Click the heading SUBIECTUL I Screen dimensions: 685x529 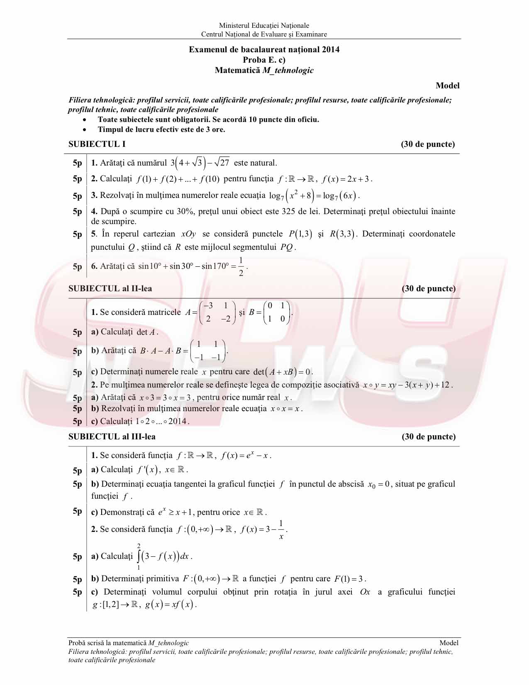click(97, 144)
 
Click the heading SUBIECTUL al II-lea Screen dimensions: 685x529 click(110, 288)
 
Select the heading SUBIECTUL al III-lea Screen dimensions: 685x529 click(112, 436)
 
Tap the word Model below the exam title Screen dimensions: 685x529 click(447, 85)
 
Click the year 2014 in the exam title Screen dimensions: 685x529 click(330, 50)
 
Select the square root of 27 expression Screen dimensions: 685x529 click(222, 163)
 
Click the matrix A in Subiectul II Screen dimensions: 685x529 click(217, 312)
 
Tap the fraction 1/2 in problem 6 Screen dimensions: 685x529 click(241, 266)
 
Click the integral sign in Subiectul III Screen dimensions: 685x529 click(139, 556)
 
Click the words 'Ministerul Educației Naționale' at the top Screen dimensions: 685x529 click(264, 26)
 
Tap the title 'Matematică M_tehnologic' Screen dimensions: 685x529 click(264, 71)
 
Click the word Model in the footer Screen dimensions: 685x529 click(449, 643)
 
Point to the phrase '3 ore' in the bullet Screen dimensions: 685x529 click(215, 129)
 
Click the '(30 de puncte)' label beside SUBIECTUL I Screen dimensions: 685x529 click(428, 144)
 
